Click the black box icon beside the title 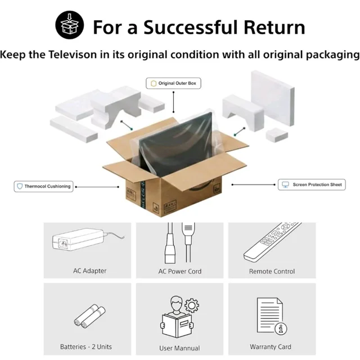pos(70,25)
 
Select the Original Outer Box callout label pos(173,83)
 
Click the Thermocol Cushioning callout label pos(43,186)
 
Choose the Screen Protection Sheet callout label pos(312,184)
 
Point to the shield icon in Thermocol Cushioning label pos(20,186)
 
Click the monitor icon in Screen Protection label pos(285,184)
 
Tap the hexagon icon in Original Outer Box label pos(154,83)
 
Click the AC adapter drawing pos(87,240)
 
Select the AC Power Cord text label pos(180,271)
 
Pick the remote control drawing pos(272,242)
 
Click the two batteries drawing pos(89,316)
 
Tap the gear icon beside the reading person pos(192,305)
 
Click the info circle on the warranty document pos(281,328)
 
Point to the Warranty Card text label pos(271,346)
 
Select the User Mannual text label pos(179,348)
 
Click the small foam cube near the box pos(277,135)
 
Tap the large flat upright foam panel pos(273,98)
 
